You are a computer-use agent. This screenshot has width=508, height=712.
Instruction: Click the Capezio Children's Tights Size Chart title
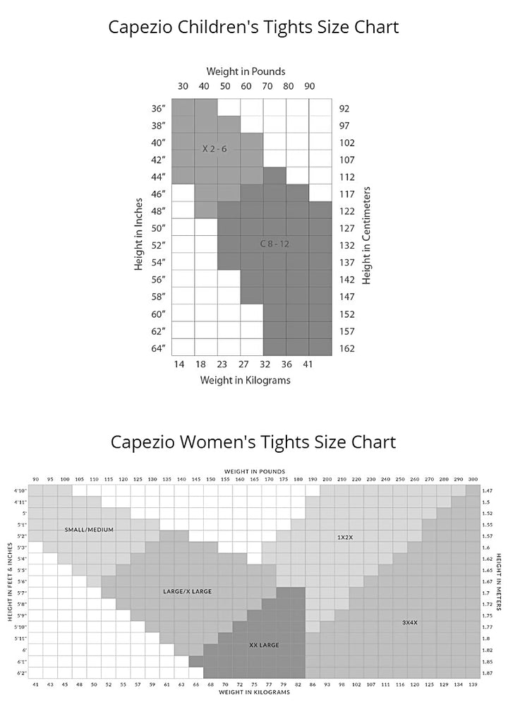(x=253, y=28)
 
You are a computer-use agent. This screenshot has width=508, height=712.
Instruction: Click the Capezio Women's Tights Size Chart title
(x=253, y=442)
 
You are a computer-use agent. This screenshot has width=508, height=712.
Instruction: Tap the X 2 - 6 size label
(x=214, y=149)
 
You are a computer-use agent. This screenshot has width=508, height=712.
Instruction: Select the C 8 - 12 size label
(x=274, y=244)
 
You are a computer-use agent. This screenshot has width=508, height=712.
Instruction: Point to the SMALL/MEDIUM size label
(x=89, y=529)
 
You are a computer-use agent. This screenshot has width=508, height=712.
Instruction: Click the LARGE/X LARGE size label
(x=187, y=591)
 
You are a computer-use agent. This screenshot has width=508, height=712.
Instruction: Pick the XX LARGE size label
(x=265, y=645)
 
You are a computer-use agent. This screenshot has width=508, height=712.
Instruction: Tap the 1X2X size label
(x=345, y=538)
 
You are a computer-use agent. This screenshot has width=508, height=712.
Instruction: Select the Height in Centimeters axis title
(x=367, y=235)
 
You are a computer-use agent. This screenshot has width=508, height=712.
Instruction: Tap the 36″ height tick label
(x=158, y=109)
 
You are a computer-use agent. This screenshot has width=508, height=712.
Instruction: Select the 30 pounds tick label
(x=183, y=87)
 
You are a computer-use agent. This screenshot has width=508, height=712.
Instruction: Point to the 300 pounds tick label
(x=472, y=479)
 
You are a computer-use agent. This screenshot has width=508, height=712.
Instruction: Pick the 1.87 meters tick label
(x=488, y=673)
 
